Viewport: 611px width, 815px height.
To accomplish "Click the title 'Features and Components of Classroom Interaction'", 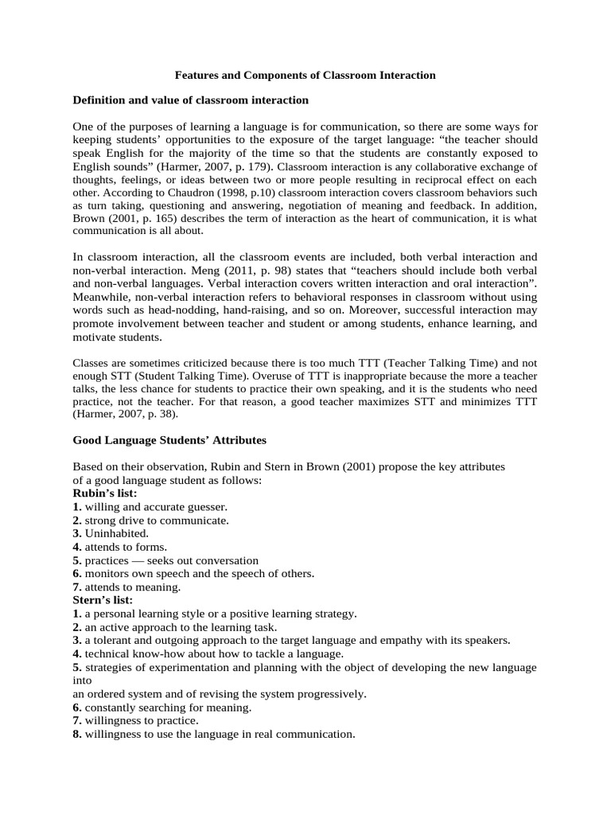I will click(x=305, y=75).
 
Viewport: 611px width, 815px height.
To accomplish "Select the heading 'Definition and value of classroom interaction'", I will click(x=191, y=100).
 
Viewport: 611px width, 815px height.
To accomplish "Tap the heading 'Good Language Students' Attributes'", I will click(x=169, y=439).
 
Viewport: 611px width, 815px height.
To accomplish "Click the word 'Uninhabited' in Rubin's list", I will click(x=116, y=533).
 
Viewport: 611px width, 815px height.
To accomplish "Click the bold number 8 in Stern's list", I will click(x=76, y=734).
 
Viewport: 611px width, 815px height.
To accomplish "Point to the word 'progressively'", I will click(x=329, y=693).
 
